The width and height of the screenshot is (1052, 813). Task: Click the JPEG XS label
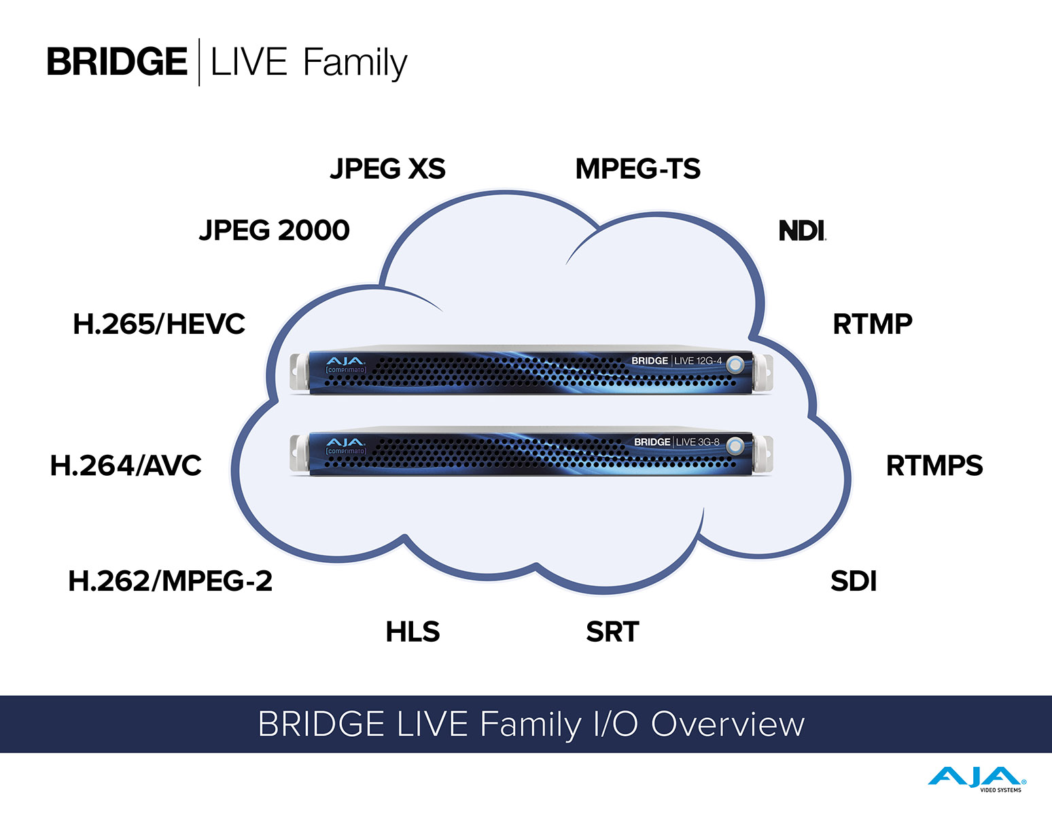[387, 169]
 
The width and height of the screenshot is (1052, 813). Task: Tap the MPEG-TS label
[637, 169]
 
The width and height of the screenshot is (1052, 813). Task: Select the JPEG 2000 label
[274, 230]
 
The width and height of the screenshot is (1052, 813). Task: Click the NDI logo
[802, 230]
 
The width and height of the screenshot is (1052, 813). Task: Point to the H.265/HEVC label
[159, 324]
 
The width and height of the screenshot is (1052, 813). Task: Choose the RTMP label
[873, 324]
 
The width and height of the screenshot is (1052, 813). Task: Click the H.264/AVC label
[126, 466]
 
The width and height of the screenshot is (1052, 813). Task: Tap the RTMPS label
[934, 466]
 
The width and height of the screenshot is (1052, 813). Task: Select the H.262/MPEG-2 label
[170, 581]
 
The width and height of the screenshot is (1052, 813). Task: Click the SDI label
[854, 581]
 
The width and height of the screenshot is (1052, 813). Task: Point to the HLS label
[413, 632]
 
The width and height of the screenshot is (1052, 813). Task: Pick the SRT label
[612, 632]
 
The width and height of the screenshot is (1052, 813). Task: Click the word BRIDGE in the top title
[117, 62]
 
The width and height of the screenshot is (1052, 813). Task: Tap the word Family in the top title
[355, 63]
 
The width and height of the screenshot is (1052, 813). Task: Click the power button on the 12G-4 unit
[735, 365]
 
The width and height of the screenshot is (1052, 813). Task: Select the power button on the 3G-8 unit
[734, 446]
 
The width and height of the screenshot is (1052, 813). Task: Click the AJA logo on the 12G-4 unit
[345, 361]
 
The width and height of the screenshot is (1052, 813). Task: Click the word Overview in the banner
[728, 724]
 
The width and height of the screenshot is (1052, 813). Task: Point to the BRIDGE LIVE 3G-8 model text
[676, 442]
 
